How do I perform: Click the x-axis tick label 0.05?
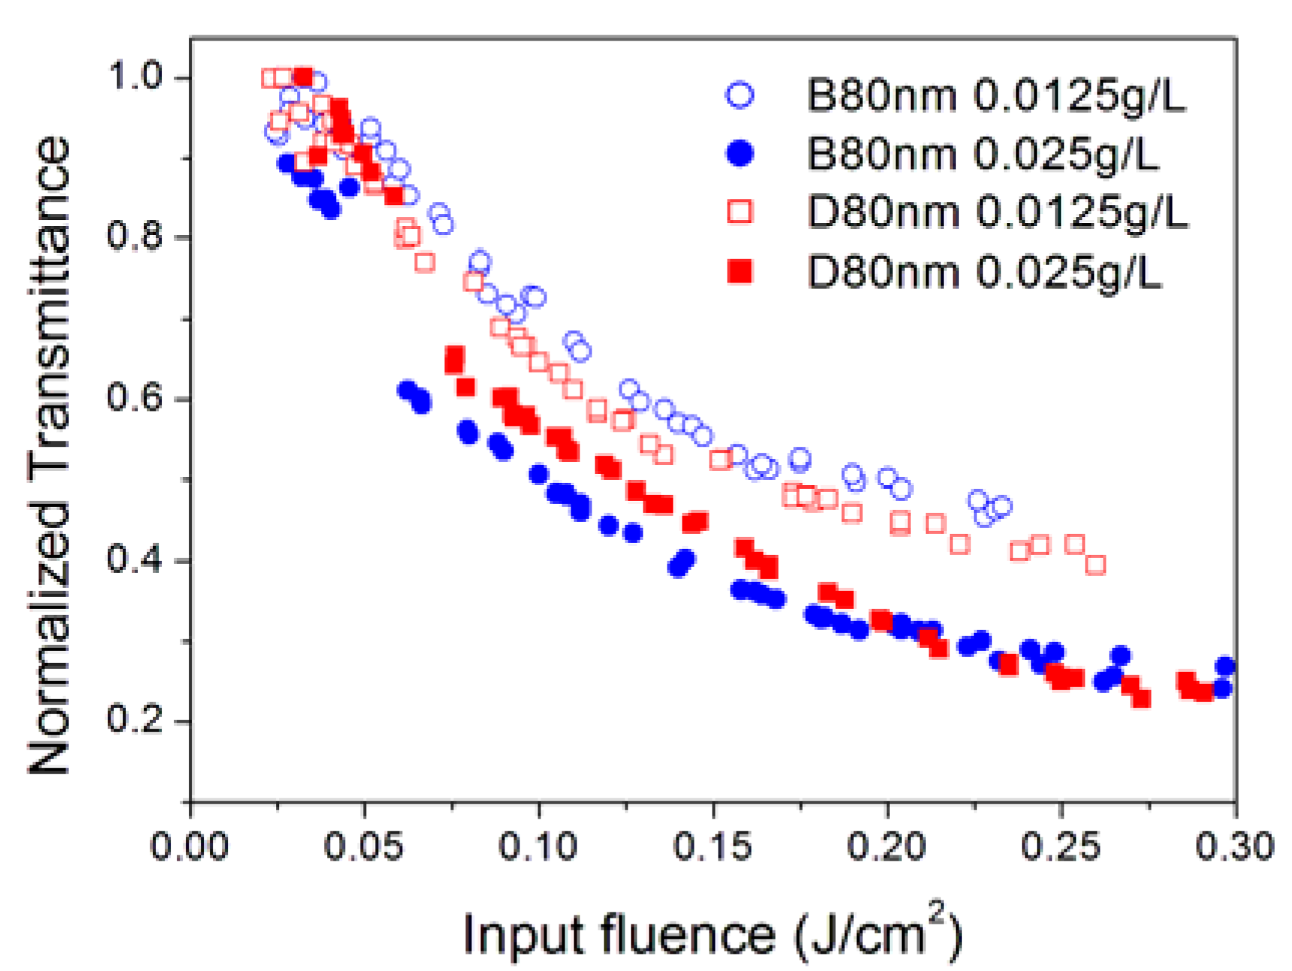(x=363, y=847)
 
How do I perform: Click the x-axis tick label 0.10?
(x=538, y=847)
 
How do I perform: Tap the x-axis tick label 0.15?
(x=712, y=847)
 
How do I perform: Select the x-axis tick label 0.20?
(x=887, y=847)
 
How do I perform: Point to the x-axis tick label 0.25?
(x=1061, y=847)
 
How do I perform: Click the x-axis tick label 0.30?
(x=1234, y=847)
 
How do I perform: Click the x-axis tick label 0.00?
(x=190, y=847)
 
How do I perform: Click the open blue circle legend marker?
(x=739, y=95)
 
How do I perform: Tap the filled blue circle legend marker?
(x=739, y=153)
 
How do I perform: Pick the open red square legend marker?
(x=739, y=212)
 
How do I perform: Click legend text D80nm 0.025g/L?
(x=983, y=271)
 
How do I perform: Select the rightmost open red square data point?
(x=1095, y=565)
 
